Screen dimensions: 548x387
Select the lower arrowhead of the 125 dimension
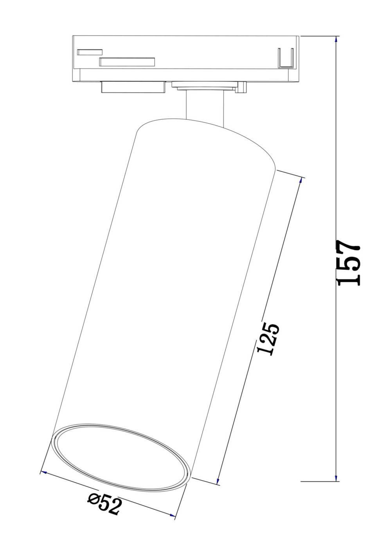218,481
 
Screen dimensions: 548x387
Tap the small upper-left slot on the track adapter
90,52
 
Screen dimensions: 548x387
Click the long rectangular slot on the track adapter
127,62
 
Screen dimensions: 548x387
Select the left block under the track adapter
133,87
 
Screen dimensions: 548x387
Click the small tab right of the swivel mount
242,87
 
